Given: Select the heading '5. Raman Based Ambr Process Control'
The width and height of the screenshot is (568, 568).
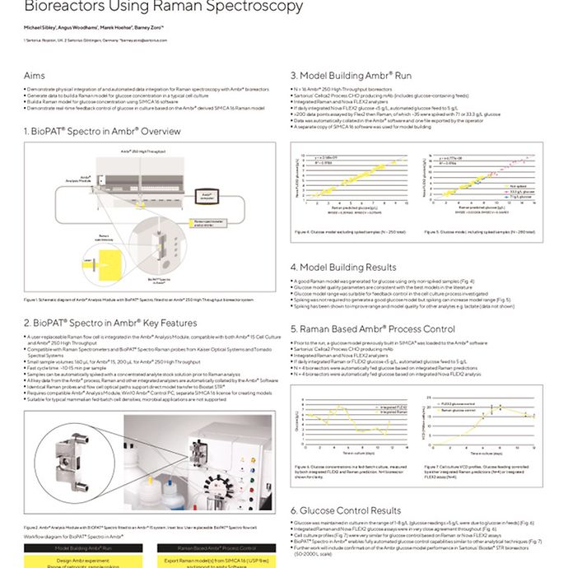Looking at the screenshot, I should coord(384,328).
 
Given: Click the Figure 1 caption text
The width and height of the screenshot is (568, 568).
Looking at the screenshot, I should coord(138,300).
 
